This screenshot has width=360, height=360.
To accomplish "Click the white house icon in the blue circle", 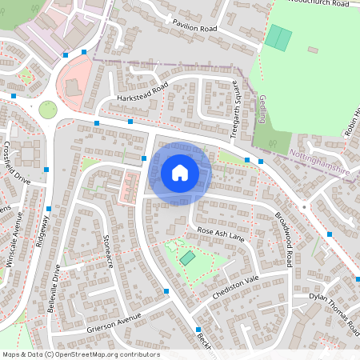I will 180,173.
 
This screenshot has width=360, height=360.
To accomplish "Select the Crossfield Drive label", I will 16,163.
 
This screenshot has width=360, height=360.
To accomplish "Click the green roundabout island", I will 48,109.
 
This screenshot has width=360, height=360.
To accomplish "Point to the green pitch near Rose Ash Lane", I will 186,258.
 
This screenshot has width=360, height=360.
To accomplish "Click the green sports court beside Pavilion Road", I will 278,37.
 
